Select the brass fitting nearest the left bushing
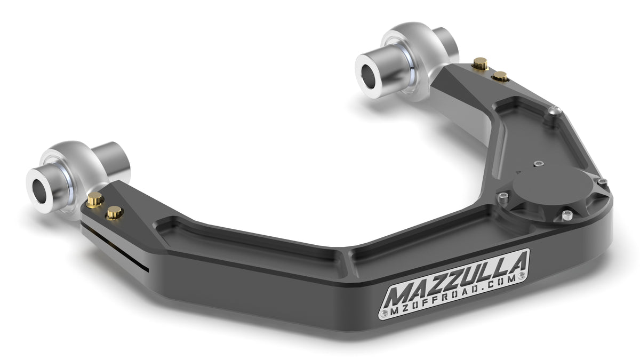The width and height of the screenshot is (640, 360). (x=95, y=201)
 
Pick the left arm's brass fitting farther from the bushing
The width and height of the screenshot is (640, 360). (x=114, y=213)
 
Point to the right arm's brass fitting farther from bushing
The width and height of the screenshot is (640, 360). (x=500, y=77)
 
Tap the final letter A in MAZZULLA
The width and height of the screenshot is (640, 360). (x=516, y=261)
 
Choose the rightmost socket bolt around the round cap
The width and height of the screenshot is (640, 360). (x=602, y=182)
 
